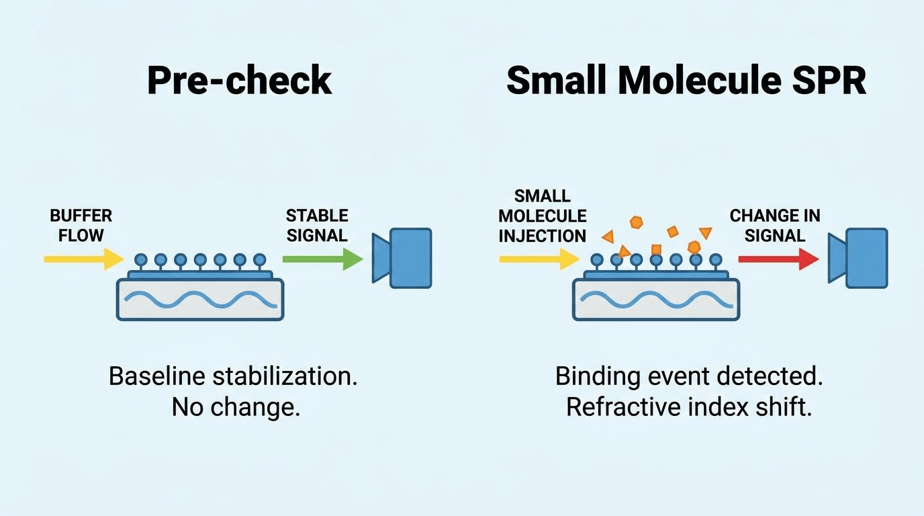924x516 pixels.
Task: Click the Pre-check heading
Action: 240,81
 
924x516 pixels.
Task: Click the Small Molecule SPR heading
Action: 686,81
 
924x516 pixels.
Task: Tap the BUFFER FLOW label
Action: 81,225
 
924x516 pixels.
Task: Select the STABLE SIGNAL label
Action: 317,225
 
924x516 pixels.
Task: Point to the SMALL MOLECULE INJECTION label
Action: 543,216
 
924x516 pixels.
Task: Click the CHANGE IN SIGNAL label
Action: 775,225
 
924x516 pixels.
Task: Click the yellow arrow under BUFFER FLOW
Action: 84,259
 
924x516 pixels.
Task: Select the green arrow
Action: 322,259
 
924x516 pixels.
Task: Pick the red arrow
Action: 778,259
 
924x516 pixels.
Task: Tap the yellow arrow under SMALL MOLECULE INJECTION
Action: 539,259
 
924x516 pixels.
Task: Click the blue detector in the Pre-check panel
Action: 402,258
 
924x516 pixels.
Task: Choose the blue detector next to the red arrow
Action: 858,258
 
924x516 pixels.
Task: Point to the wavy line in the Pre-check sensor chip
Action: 201,300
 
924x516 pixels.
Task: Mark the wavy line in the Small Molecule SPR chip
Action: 657,300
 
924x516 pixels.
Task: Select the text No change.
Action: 236,407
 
